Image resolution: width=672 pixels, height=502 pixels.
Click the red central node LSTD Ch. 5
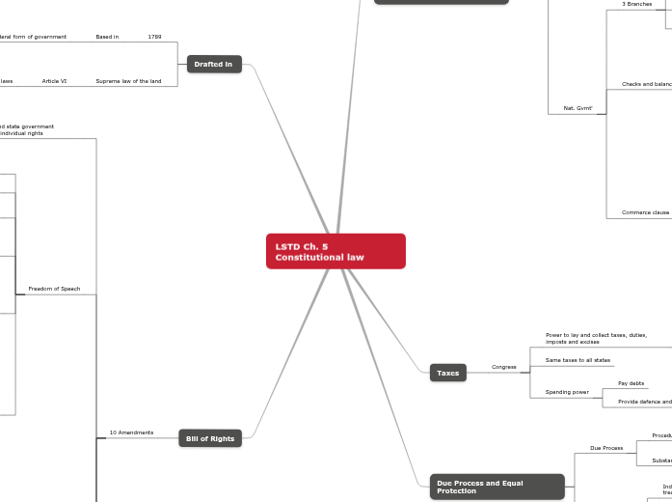(335, 251)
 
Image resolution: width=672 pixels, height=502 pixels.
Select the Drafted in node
(213, 65)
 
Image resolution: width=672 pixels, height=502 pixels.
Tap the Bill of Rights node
(209, 438)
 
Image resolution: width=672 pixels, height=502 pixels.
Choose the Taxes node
(447, 373)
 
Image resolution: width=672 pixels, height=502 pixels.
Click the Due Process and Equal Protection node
(496, 486)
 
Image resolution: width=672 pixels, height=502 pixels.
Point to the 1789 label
(154, 37)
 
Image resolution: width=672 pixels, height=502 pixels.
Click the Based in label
(107, 37)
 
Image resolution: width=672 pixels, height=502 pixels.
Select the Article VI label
(54, 81)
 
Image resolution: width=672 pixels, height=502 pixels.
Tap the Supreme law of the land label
(128, 81)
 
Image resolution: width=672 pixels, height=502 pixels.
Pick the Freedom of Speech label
(54, 289)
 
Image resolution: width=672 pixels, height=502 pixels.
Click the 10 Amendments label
(131, 432)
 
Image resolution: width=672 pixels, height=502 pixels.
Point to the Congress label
(503, 367)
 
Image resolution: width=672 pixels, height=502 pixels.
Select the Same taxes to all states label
(578, 360)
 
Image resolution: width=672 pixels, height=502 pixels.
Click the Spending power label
(567, 392)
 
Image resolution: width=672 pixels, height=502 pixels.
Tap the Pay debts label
(631, 383)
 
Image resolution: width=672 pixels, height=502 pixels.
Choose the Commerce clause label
(644, 212)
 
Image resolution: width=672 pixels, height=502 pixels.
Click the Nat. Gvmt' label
(578, 108)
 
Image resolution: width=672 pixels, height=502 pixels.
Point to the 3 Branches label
(636, 4)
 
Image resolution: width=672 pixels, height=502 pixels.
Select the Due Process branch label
(606, 448)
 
